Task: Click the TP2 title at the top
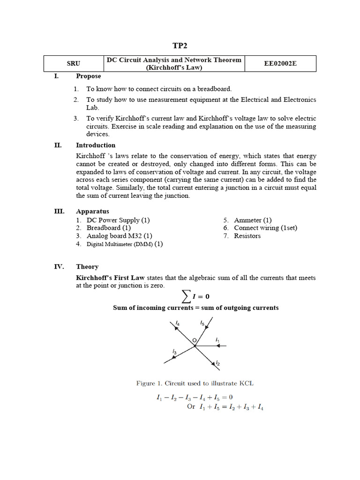pyautogui.click(x=180, y=45)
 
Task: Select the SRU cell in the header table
pyautogui.click(x=74, y=64)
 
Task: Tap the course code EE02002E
pyautogui.click(x=280, y=64)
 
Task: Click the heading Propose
pyautogui.click(x=88, y=76)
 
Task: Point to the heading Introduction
pyautogui.click(x=96, y=145)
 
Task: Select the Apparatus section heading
pyautogui.click(x=92, y=211)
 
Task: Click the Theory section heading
pyautogui.click(x=87, y=267)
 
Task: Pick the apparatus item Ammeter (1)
pyautogui.click(x=253, y=220)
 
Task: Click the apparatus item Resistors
pyautogui.click(x=247, y=236)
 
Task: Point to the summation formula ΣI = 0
pyautogui.click(x=195, y=296)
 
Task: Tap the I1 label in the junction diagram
pyautogui.click(x=217, y=339)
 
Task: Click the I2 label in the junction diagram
pyautogui.click(x=218, y=363)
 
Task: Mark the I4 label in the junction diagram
pyautogui.click(x=177, y=323)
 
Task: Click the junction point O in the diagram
pyautogui.click(x=195, y=346)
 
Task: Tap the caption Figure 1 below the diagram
pyautogui.click(x=195, y=383)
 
